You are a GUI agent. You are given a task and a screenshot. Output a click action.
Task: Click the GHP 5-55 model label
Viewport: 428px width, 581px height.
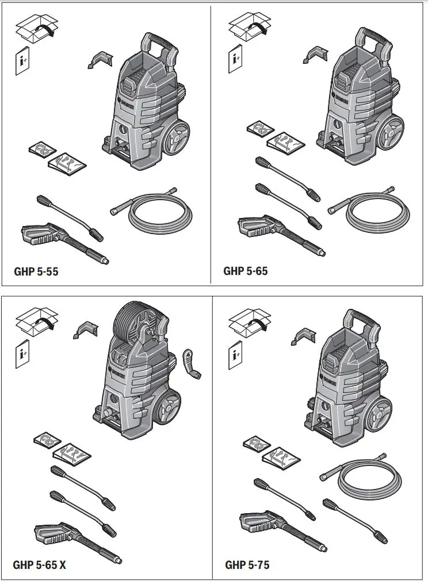(36, 272)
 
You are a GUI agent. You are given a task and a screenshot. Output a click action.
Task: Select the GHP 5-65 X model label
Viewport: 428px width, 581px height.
(40, 565)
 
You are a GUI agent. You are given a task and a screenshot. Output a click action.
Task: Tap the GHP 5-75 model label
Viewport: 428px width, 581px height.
(247, 565)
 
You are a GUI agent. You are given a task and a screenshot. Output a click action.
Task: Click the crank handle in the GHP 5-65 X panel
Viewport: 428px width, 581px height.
(193, 365)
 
